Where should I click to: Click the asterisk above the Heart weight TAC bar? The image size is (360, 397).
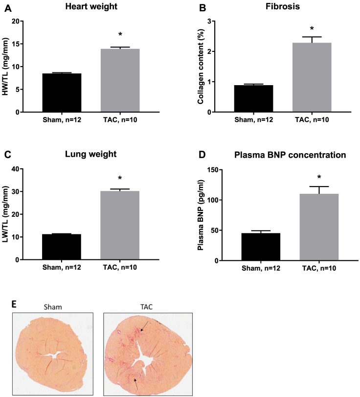(x=120, y=36)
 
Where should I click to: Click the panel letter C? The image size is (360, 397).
(x=8, y=155)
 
